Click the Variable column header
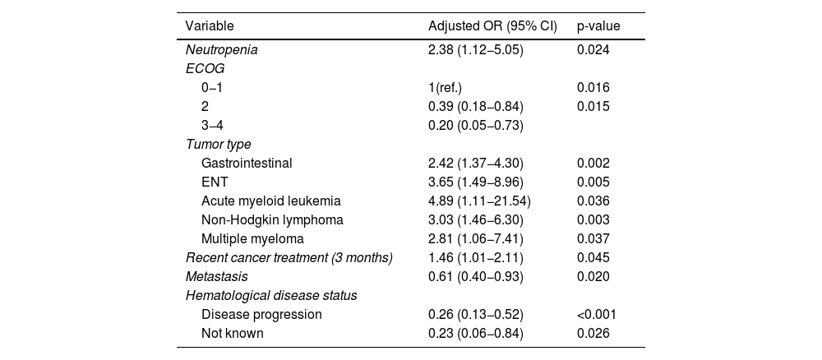coord(210,26)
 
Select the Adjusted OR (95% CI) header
coord(492,26)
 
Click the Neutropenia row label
coord(222,50)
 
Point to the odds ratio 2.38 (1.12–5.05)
coord(475,50)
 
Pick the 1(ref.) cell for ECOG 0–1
coord(445,87)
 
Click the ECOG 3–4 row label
coord(212,125)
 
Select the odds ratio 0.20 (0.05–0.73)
coord(475,125)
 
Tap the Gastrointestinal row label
coord(247,163)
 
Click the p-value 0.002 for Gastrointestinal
coord(593,163)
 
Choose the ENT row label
coord(215,182)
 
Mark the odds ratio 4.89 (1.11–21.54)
coord(479,201)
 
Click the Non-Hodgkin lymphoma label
coord(272,219)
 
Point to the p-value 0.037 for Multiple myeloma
coord(593,239)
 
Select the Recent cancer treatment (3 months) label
coord(289,258)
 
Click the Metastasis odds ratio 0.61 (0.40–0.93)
coord(475,277)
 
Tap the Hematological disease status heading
coord(271,296)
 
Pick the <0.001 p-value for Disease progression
coord(597,315)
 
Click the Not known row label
coord(233,333)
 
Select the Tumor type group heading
coord(218,144)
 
